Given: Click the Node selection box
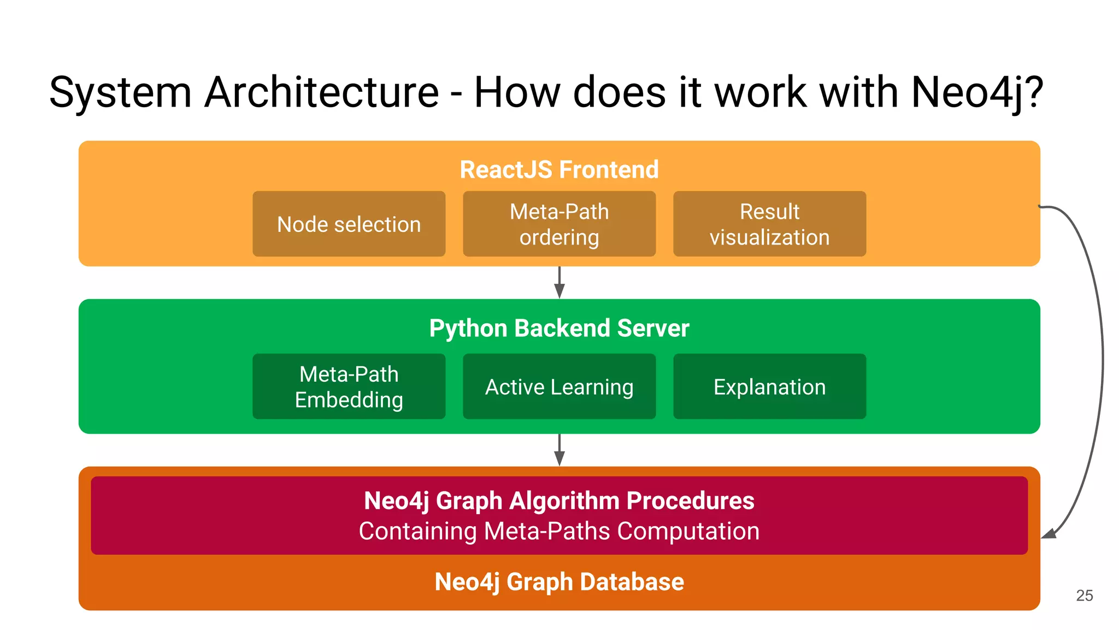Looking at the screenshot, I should coord(349,224).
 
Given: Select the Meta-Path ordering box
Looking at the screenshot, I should coord(559,224).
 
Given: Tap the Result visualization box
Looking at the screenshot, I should coord(769,224).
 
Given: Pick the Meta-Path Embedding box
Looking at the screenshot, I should coord(349,387).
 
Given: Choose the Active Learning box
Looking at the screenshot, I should coord(559,387).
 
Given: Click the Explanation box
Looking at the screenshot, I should coord(769,387).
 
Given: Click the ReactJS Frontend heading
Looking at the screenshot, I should coord(559,170).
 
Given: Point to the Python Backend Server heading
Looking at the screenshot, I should coord(559,328).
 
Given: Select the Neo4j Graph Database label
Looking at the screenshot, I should coord(559,582).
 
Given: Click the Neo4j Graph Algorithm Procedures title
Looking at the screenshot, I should coord(559,501).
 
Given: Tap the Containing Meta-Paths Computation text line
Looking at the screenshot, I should coord(559,532).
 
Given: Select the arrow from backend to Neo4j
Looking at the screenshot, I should coord(559,450).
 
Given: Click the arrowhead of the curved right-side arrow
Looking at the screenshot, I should coord(1050,534).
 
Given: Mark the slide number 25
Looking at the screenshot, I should coord(1084,596).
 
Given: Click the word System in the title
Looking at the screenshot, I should coord(120,92).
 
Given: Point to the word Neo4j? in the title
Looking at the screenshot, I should coord(977,92).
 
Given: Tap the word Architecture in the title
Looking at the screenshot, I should coord(322,92).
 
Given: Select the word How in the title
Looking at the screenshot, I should coord(517,92).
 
